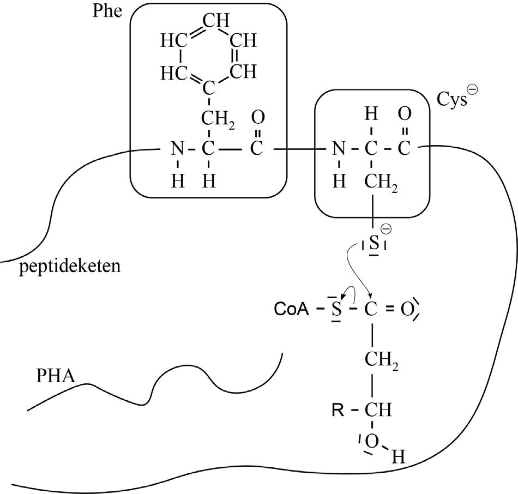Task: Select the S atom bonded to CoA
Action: [x=336, y=311]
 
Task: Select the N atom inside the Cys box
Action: [x=339, y=149]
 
